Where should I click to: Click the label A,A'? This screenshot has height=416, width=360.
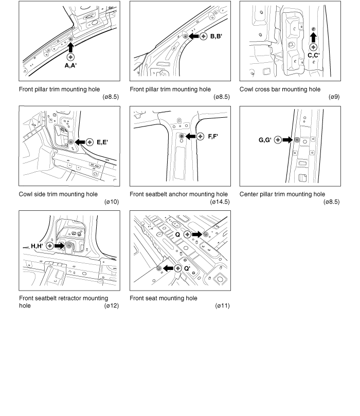[70, 66]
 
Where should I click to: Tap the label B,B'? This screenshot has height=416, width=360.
[215, 36]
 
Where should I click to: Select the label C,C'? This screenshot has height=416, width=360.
[314, 55]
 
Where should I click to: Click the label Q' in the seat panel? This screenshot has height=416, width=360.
[187, 268]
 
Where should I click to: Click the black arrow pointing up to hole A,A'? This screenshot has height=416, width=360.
[70, 47]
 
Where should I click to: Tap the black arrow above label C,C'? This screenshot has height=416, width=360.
[314, 37]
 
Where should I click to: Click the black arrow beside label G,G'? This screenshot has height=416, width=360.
[287, 139]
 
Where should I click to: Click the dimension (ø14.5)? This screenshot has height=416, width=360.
[220, 202]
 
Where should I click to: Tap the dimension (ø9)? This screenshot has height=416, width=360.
[333, 97]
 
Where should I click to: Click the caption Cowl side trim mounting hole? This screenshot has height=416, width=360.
[58, 194]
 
